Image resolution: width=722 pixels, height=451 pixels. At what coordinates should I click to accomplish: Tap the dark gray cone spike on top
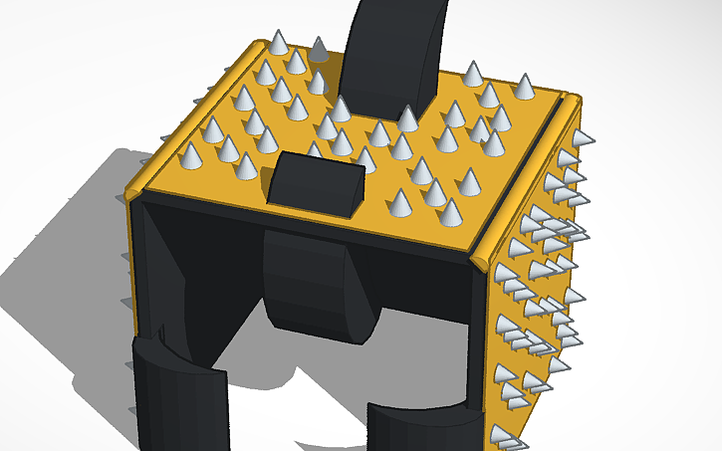click(318, 50)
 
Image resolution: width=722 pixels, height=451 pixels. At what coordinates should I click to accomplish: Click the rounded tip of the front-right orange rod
click(482, 260)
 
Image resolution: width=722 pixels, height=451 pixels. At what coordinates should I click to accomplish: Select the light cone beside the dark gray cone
click(279, 45)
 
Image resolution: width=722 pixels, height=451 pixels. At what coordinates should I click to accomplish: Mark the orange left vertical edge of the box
click(128, 299)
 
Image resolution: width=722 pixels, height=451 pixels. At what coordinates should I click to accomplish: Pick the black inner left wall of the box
click(164, 279)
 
